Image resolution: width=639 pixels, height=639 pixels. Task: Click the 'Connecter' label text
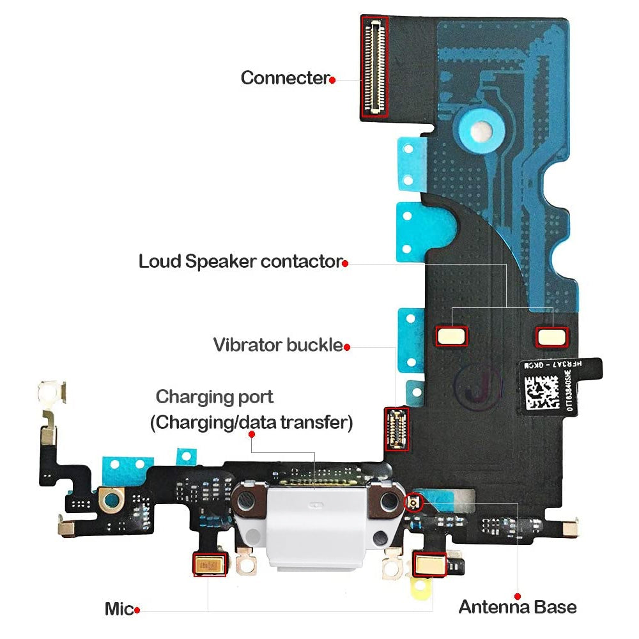pos(284,78)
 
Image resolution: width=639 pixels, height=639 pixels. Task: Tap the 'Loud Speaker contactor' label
pos(240,261)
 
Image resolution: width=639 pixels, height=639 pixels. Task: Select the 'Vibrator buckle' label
pos(278,345)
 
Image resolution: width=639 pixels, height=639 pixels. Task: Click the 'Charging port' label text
pos(215,397)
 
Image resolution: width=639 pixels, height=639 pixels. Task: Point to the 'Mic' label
pos(119,609)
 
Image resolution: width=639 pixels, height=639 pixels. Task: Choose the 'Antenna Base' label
pos(518,606)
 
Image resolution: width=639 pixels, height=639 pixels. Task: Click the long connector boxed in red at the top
pos(375,66)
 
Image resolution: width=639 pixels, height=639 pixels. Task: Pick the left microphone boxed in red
pos(210,565)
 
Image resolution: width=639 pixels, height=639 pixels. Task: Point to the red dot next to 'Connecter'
pos(332,79)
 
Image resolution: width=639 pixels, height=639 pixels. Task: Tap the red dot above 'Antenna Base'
pos(517,595)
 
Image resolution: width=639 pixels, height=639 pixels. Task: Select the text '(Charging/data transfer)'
pos(251,422)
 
